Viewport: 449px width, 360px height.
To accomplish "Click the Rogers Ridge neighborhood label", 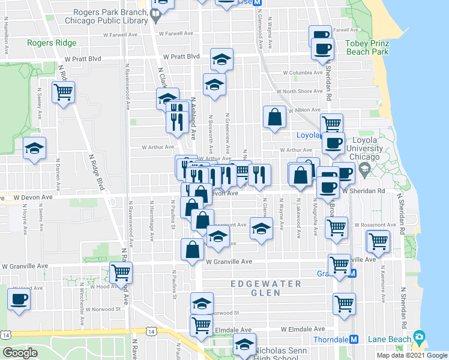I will pyautogui.click(x=52, y=43).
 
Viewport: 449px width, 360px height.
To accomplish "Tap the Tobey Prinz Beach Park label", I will pyautogui.click(x=367, y=47).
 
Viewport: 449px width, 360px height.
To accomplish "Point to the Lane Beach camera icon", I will pyautogui.click(x=418, y=338).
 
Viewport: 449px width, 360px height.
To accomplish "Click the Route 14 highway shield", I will pyautogui.click(x=150, y=331).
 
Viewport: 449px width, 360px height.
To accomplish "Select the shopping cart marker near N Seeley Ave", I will pyautogui.click(x=63, y=93).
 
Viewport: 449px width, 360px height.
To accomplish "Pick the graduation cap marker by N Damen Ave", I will pyautogui.click(x=35, y=148).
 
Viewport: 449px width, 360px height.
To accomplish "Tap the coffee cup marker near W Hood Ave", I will pyautogui.click(x=19, y=299).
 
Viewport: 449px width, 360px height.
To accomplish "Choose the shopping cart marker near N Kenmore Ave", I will pyautogui.click(x=378, y=241).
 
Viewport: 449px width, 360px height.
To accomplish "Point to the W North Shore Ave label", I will pyautogui.click(x=303, y=91).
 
